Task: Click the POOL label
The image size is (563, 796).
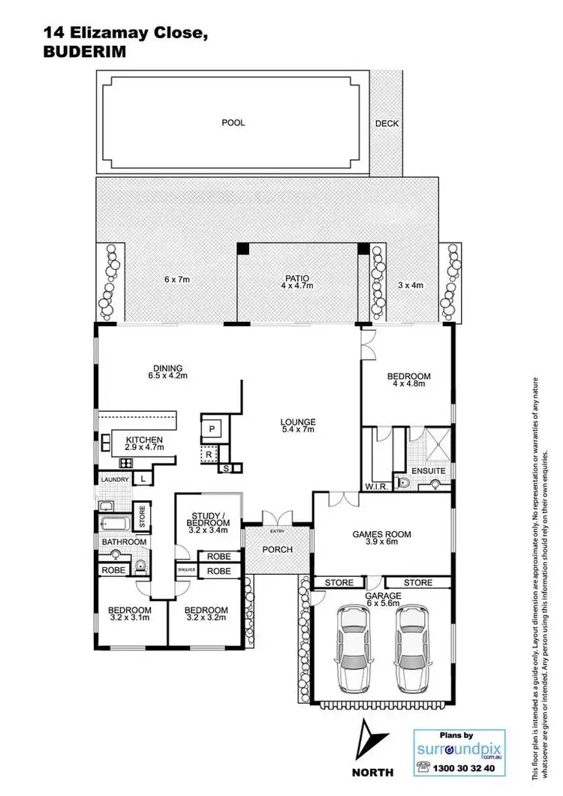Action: click(x=233, y=122)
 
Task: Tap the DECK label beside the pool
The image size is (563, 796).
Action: click(x=387, y=124)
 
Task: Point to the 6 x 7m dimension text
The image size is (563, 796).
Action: click(x=177, y=279)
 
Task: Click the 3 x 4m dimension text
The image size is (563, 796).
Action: click(x=410, y=284)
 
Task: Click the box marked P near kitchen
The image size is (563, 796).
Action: click(x=212, y=428)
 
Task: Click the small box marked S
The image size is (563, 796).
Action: click(x=225, y=469)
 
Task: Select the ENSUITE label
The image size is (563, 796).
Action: click(x=434, y=471)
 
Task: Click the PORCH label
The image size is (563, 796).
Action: click(x=277, y=549)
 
